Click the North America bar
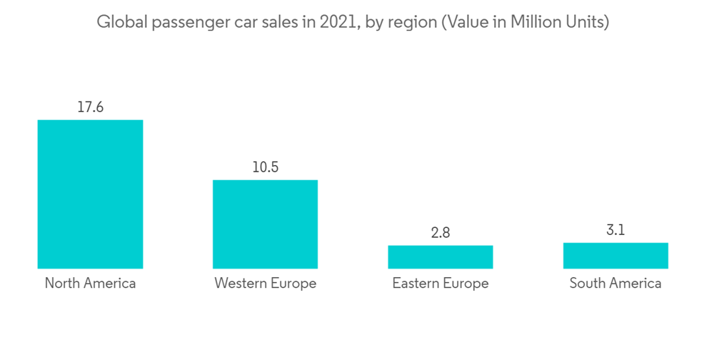click(x=90, y=194)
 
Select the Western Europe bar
click(x=265, y=224)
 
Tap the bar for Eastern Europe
click(x=441, y=257)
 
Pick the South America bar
click(x=615, y=256)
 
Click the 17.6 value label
click(x=90, y=108)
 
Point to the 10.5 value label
click(x=265, y=168)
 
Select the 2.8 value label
click(x=441, y=233)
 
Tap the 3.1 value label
click(x=615, y=230)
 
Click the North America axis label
click(x=90, y=284)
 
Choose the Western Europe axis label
click(x=265, y=284)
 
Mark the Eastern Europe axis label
click(x=441, y=284)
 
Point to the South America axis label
click(x=615, y=284)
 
